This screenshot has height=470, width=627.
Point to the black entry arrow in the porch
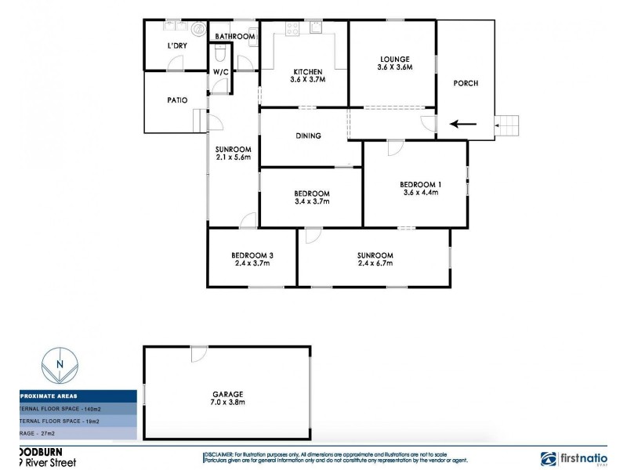coord(463,123)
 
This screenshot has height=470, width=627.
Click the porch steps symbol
coord(507,124)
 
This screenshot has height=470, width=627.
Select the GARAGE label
coord(227,394)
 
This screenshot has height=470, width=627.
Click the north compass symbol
coord(60,366)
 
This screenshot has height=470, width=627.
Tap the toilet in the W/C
coord(220,53)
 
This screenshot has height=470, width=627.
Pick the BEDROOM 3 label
coord(252,255)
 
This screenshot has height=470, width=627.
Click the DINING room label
coord(308,136)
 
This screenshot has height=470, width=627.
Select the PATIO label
coord(177,100)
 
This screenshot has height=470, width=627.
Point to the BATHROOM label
coord(236,36)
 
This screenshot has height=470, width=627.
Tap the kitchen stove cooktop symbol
coord(292,29)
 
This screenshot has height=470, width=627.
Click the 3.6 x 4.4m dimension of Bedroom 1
coord(420,192)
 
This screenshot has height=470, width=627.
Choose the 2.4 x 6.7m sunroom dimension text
coord(375,264)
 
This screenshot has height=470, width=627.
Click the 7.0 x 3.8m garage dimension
coord(227,403)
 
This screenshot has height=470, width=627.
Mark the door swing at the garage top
coord(198,354)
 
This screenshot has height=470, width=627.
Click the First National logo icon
coord(549,459)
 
